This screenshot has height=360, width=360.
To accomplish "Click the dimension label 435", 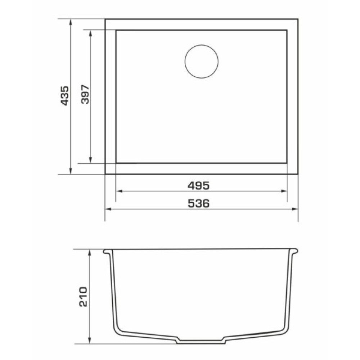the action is [65, 96].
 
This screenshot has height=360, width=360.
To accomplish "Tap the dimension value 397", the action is [85, 94].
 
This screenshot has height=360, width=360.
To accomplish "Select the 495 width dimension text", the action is [199, 185].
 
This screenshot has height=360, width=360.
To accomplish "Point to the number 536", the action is [199, 203].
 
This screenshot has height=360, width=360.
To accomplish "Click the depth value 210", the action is [84, 297].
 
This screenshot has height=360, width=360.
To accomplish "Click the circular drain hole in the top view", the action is [201, 45].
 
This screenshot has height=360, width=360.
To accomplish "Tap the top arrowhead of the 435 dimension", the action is [71, 22].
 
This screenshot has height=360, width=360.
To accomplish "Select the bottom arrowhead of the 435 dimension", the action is [71, 171].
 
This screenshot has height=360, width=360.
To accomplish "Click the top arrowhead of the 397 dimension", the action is [90, 33].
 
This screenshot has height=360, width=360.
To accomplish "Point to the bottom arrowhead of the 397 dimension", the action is [90, 160].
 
